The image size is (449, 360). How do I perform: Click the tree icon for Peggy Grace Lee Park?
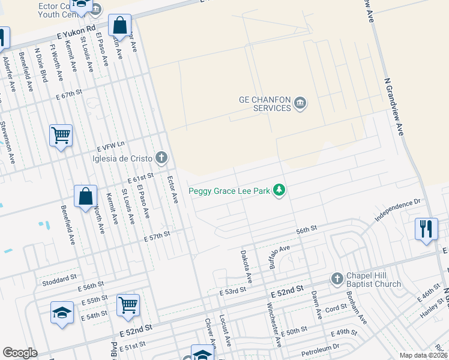[279, 191]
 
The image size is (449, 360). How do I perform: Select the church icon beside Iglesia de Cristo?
[161, 158]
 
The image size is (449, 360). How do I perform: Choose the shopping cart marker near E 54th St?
[128, 305]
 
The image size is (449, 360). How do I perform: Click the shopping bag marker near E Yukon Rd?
[120, 26]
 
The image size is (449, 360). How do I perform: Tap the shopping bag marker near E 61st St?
[86, 196]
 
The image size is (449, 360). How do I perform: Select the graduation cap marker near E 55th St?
[62, 313]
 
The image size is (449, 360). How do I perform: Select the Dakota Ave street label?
[246, 268]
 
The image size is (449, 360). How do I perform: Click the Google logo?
[20, 353]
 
